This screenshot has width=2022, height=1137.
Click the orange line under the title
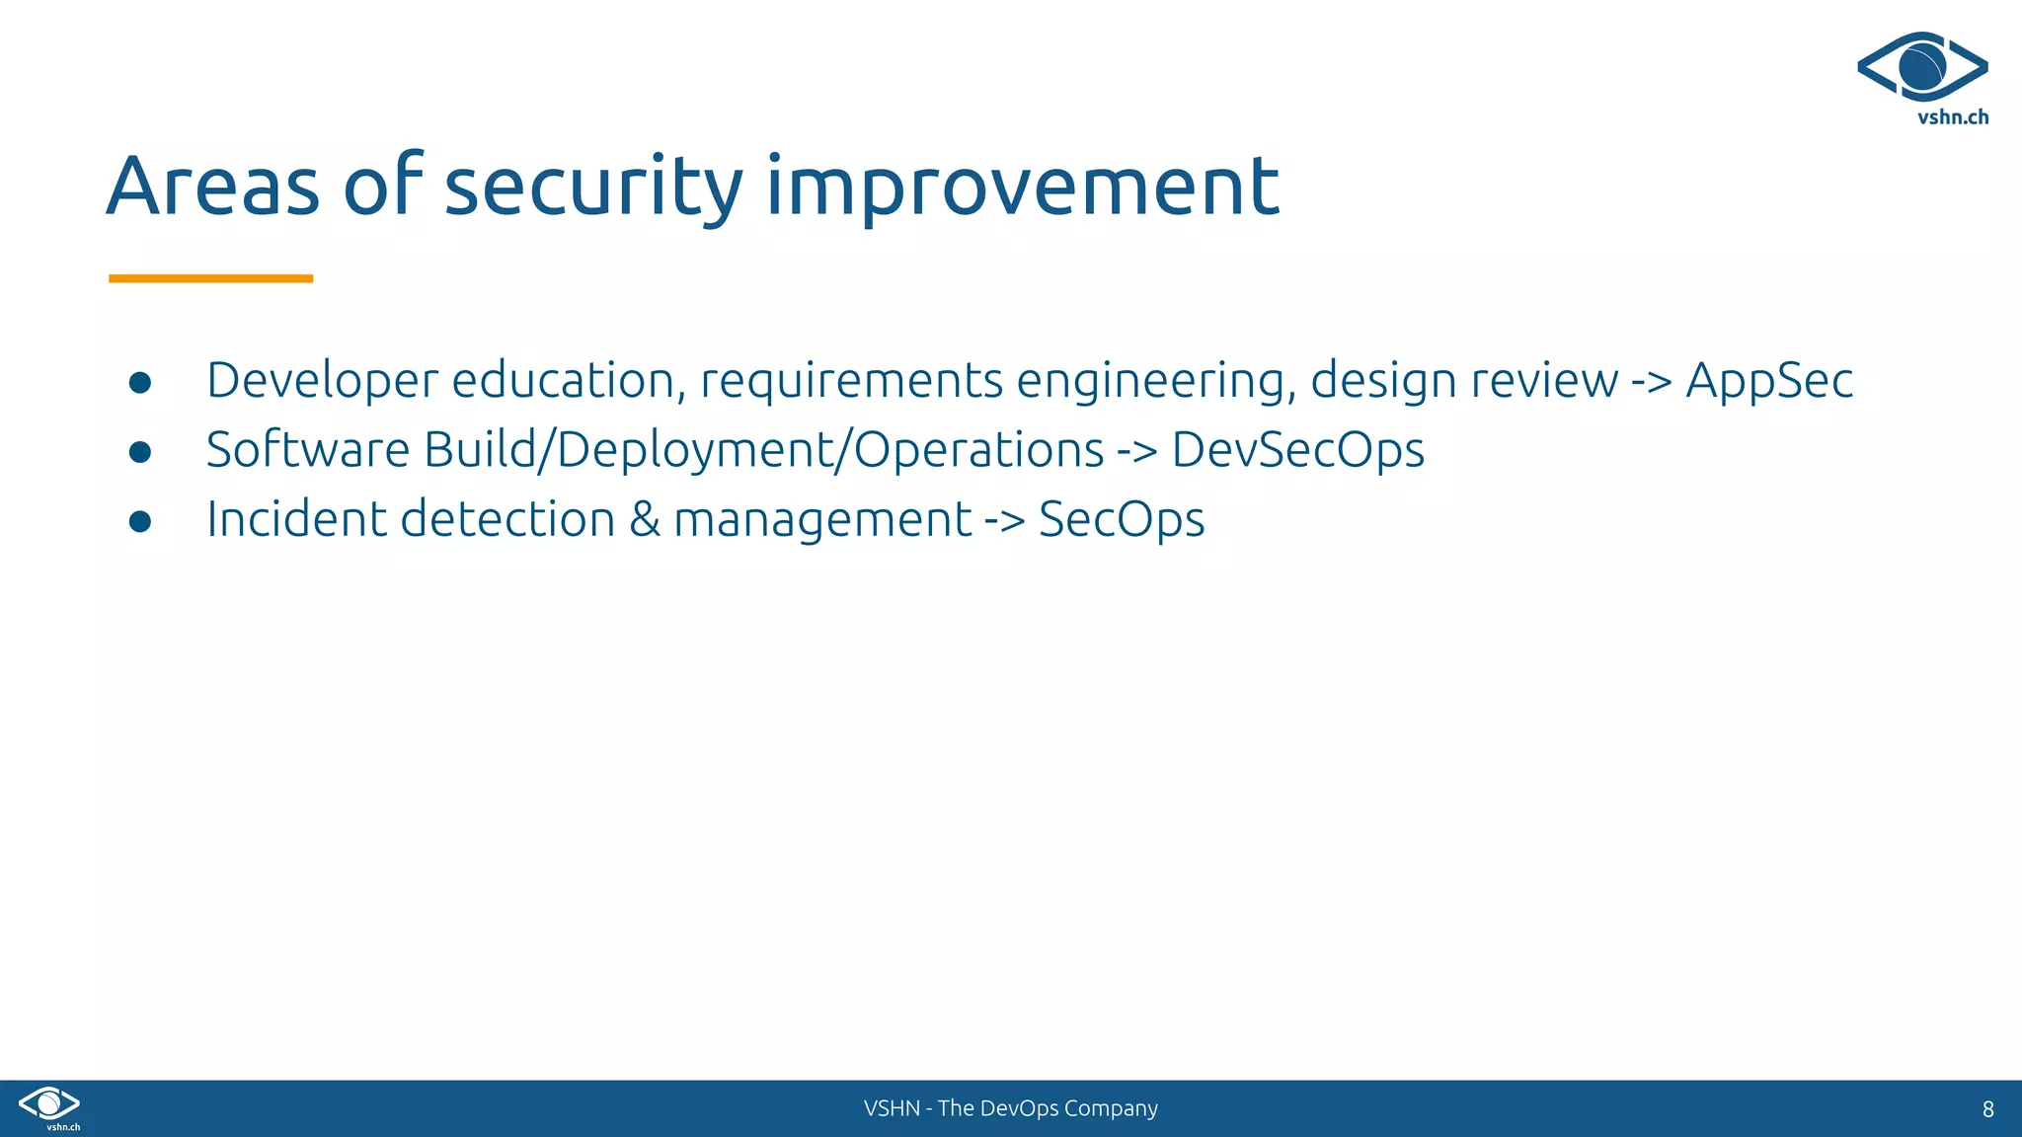point(210,279)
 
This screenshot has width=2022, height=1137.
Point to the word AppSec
point(1768,381)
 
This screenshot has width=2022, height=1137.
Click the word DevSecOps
point(1297,450)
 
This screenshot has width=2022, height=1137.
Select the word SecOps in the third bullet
point(1121,519)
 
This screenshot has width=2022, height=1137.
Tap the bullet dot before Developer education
point(140,383)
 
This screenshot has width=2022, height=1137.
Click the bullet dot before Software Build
point(140,452)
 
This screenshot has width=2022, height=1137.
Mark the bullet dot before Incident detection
point(140,521)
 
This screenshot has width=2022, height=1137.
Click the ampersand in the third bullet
point(644,519)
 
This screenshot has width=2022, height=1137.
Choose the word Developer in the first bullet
point(322,381)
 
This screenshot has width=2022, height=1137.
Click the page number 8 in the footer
point(1987,1109)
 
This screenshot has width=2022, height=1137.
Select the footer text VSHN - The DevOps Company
point(1010,1108)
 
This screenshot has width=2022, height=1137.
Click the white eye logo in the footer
point(49,1103)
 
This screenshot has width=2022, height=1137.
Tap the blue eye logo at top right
point(1921,66)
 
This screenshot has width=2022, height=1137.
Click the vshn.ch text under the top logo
point(1952,117)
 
